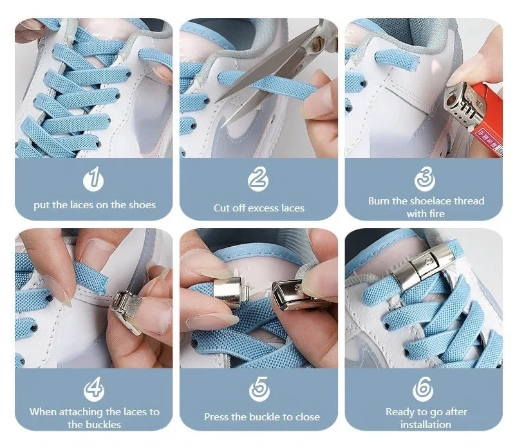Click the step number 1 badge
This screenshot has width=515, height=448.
coord(93,179)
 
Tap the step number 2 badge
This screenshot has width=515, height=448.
coord(258,179)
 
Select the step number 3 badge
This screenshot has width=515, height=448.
coord(425,179)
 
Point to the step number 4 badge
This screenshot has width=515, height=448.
coord(94,389)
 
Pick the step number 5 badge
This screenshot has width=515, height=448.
coord(259,389)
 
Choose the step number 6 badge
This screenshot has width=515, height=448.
coord(423,389)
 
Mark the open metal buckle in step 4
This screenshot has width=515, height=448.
coord(126,310)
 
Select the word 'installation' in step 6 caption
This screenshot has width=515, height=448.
coord(426,425)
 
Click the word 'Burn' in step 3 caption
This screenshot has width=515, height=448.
coord(379,201)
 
